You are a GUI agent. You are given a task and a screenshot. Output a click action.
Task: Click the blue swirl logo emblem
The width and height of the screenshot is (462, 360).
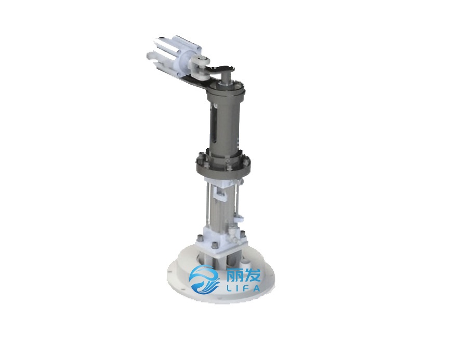tap(204, 279)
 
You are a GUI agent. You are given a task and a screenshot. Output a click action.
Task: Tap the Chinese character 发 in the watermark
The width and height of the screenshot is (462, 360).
tap(252, 275)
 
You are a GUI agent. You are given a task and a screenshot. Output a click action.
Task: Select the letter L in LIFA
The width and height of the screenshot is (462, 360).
tap(229, 288)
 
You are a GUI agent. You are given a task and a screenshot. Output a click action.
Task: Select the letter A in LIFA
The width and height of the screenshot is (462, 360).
tap(256, 288)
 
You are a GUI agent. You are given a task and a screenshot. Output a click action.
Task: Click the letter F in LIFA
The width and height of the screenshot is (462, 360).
tap(247, 288)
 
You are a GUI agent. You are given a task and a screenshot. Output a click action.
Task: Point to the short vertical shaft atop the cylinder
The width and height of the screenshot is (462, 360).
tap(226, 77)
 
